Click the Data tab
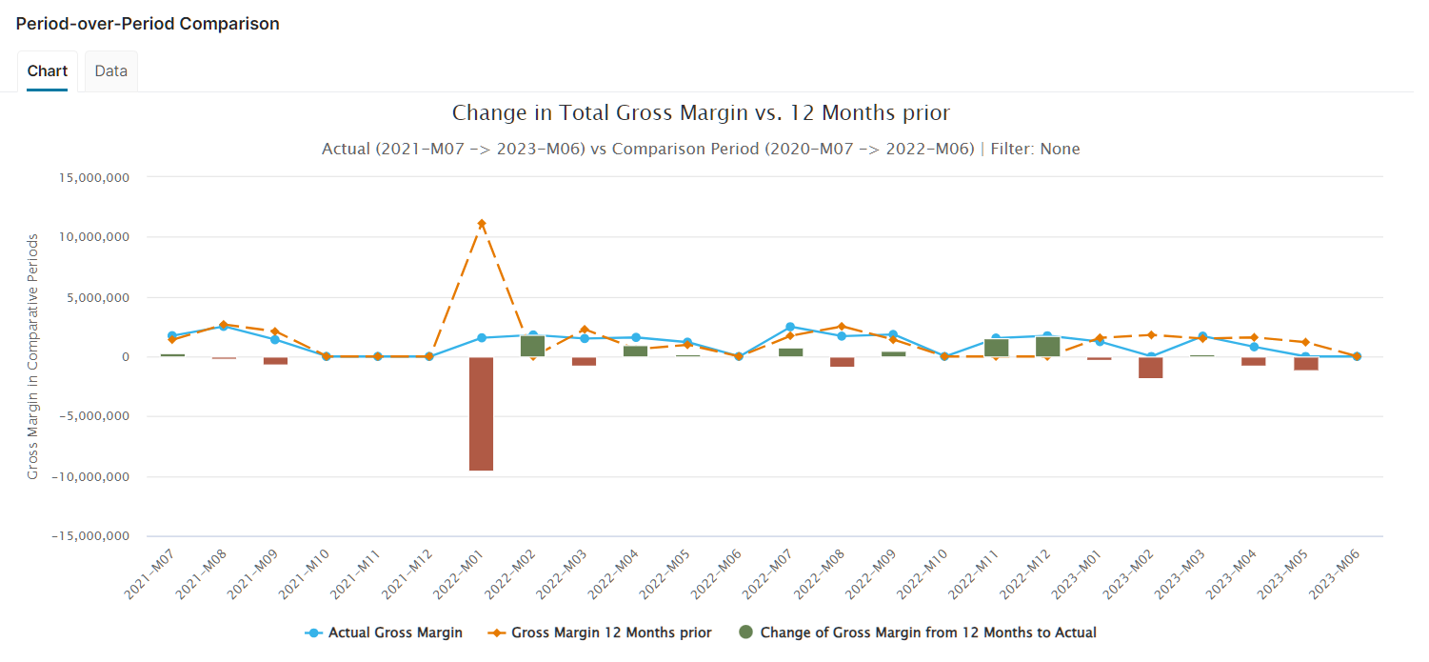pyautogui.click(x=111, y=71)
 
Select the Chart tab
pyautogui.click(x=47, y=71)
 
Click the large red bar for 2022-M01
pyautogui.click(x=481, y=413)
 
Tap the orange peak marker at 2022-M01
pyautogui.click(x=482, y=224)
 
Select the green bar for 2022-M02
pyautogui.click(x=532, y=346)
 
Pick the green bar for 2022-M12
pyautogui.click(x=1047, y=347)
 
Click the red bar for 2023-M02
pyautogui.click(x=1150, y=368)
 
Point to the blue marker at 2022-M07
pyautogui.click(x=790, y=327)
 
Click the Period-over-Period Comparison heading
pyautogui.click(x=148, y=24)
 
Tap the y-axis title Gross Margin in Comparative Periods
pyautogui.click(x=33, y=356)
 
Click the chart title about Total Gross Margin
pyautogui.click(x=701, y=113)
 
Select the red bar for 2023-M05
pyautogui.click(x=1305, y=364)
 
